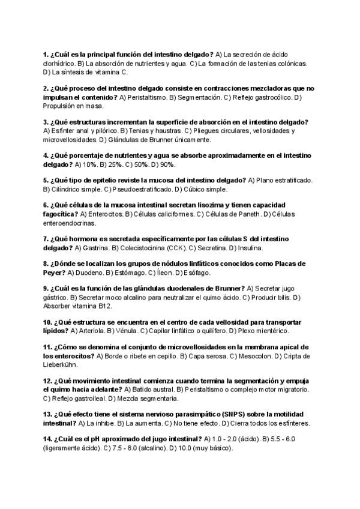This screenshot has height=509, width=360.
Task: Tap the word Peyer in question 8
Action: pyautogui.click(x=55, y=272)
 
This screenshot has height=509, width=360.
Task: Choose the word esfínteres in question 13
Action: pyautogui.click(x=293, y=423)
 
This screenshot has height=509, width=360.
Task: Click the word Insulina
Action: pyautogui.click(x=248, y=247)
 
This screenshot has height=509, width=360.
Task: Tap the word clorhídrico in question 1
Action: pyautogui.click(x=59, y=63)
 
